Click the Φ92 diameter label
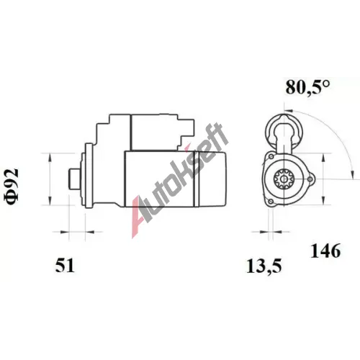[12, 186]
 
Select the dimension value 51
[65, 266]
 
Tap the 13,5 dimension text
[264, 266]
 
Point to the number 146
[325, 251]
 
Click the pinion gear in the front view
[284, 179]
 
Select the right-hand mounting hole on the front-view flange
[310, 179]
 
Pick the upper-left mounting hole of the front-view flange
[271, 157]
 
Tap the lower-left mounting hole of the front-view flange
[271, 202]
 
